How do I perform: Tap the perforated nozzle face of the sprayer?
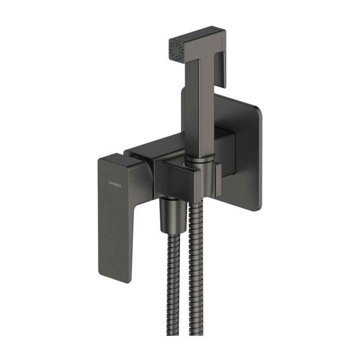pyautogui.click(x=176, y=48)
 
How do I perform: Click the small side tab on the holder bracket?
pyautogui.click(x=218, y=180)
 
